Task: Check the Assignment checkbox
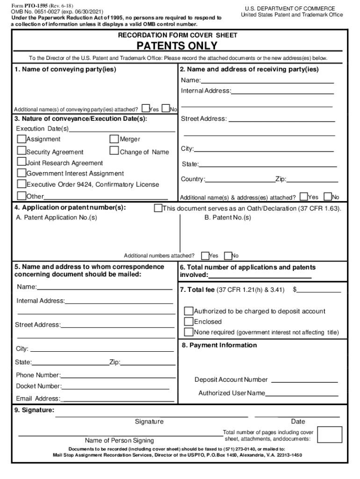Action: click(22, 139)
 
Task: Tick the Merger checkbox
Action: click(115, 139)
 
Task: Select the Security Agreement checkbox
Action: click(22, 151)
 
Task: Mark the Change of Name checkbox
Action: click(115, 151)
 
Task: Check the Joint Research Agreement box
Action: click(22, 162)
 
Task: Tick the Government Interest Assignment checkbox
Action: click(22, 173)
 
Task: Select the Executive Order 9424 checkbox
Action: click(22, 184)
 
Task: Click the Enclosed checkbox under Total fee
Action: click(189, 321)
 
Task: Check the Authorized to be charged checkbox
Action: click(189, 311)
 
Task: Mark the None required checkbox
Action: click(189, 332)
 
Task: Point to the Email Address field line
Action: click(117, 399)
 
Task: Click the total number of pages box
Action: click(330, 435)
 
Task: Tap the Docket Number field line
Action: click(115, 387)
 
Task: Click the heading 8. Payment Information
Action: click(219, 345)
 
